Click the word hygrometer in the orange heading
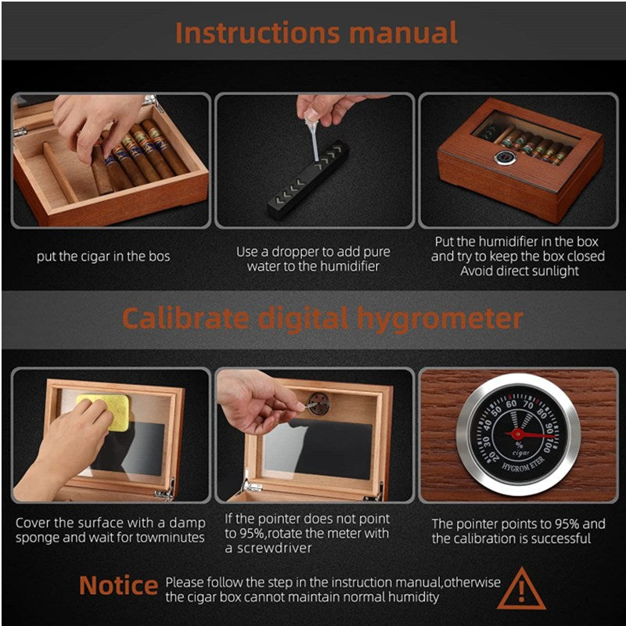[x=440, y=320]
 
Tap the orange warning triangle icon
[x=521, y=589]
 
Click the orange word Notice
[x=119, y=585]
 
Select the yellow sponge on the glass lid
[x=103, y=412]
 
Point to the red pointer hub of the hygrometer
[x=517, y=434]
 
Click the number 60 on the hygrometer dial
[x=511, y=404]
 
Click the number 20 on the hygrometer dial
[x=493, y=457]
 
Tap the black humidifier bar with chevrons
[x=308, y=179]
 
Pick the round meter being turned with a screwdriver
[x=318, y=403]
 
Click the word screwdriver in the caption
[x=275, y=549]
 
